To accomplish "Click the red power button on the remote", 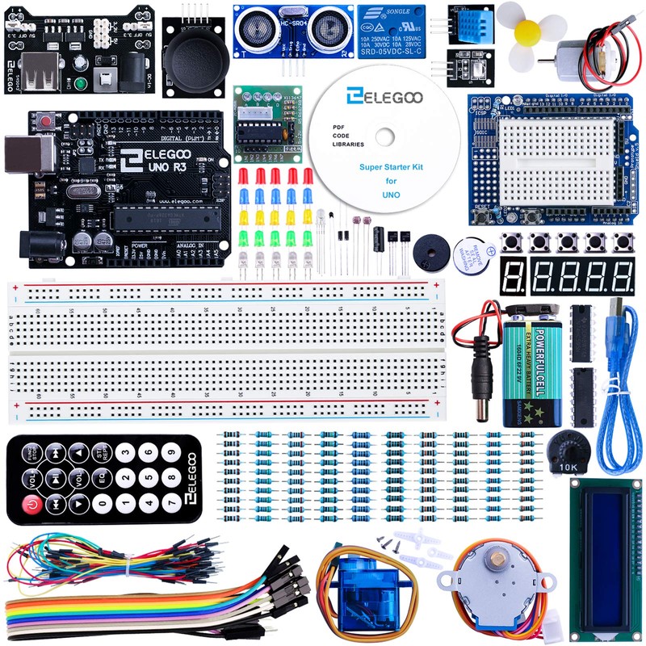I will point(31,505).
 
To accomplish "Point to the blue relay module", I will point(391,30).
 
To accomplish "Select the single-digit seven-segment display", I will point(514,277).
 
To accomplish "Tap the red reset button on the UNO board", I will point(46,120).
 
